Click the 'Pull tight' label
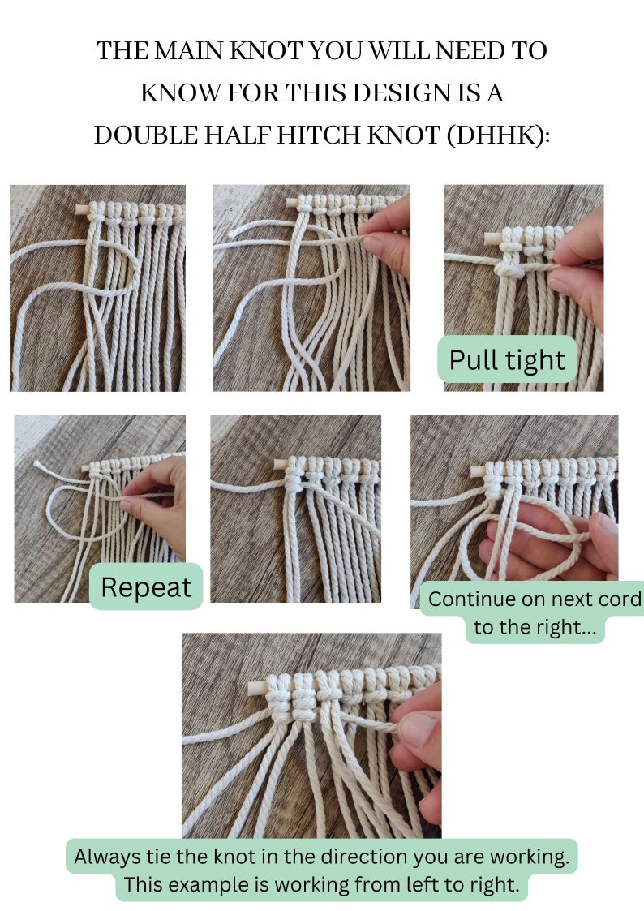(x=507, y=359)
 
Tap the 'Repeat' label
(x=146, y=587)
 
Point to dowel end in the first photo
(x=80, y=210)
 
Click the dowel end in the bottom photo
(x=251, y=689)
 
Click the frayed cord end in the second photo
(x=234, y=231)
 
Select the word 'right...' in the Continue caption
(x=564, y=627)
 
